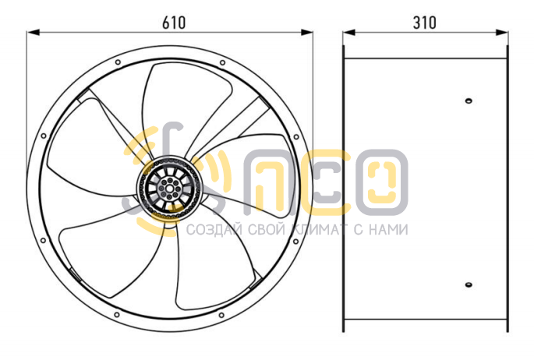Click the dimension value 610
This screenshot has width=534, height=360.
pos(174,23)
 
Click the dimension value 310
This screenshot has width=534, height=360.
pos(424,23)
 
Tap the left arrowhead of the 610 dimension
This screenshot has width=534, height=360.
pos(34,32)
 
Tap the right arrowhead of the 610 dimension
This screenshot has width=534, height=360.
pos(306,32)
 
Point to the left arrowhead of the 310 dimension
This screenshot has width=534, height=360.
pos(349,32)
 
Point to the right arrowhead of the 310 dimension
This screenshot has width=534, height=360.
pos(501,32)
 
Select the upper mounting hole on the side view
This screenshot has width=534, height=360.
pos(469,101)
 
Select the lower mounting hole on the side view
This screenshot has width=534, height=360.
pos(469,284)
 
